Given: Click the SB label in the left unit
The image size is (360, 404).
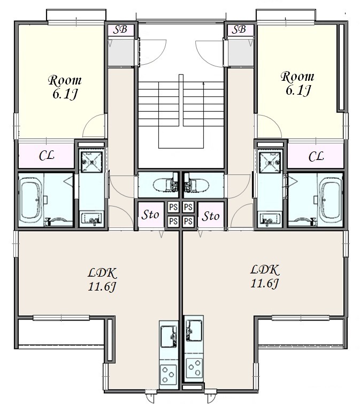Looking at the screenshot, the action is pyautogui.click(x=120, y=29).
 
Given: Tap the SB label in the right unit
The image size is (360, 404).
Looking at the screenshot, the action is pyautogui.click(x=239, y=29).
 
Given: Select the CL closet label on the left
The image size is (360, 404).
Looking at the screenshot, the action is pyautogui.click(x=47, y=156).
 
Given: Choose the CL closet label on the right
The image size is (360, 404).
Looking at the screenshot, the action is pyautogui.click(x=316, y=156).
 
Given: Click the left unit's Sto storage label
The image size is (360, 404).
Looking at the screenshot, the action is pyautogui.click(x=151, y=215).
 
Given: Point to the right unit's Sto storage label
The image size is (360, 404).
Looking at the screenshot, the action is pyautogui.click(x=211, y=216).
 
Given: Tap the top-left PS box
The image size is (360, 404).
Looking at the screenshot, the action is pyautogui.click(x=173, y=207).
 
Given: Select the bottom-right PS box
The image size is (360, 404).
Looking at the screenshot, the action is pyautogui.click(x=188, y=221).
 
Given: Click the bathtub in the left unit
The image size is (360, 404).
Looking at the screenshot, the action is pyautogui.click(x=31, y=200).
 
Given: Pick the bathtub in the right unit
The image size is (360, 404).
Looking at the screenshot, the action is pyautogui.click(x=331, y=200).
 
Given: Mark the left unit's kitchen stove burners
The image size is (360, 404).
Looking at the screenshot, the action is pyautogui.click(x=168, y=374).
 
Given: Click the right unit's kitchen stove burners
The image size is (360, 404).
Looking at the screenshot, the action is pyautogui.click(x=194, y=368).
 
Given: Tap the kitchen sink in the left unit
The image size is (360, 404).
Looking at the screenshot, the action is pyautogui.click(x=169, y=336).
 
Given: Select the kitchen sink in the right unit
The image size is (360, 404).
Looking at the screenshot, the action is pyautogui.click(x=194, y=330).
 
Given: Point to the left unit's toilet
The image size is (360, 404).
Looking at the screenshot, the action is pyautogui.click(x=166, y=185).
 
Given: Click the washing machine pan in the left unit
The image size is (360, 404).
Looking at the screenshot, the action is pyautogui.click(x=91, y=162).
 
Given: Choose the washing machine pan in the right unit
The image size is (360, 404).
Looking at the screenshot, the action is pyautogui.click(x=270, y=163).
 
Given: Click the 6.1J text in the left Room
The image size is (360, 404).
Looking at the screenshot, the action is pyautogui.click(x=65, y=94).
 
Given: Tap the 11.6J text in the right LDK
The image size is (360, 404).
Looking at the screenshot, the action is pyautogui.click(x=264, y=284).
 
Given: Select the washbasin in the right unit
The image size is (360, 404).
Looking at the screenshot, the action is pyautogui.click(x=270, y=219).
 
